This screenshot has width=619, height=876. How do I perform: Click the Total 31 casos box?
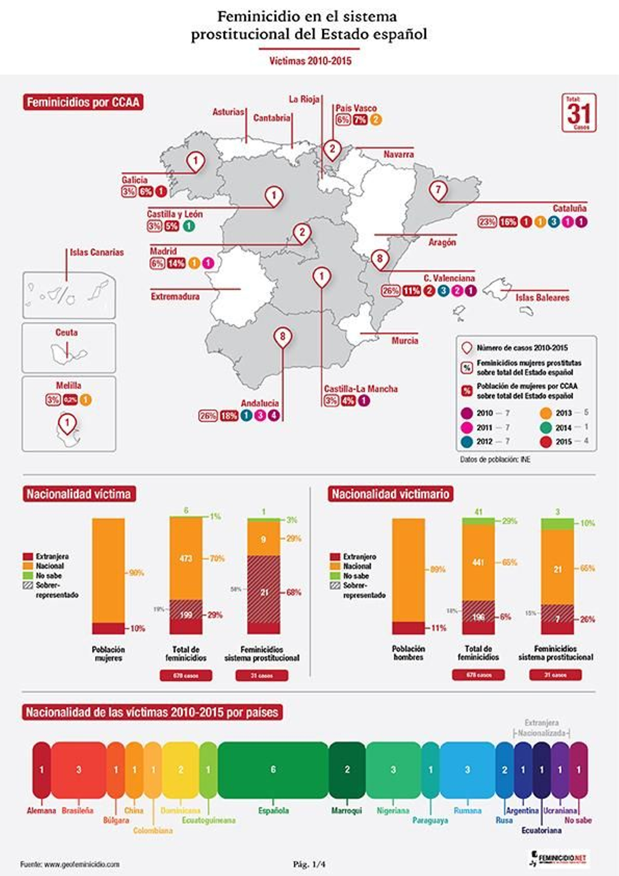578,113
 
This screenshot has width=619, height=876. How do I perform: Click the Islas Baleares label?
542,298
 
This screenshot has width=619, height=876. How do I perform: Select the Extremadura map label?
175,297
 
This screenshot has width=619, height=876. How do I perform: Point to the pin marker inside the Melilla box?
67,423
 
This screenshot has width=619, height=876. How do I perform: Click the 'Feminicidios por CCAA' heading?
83,102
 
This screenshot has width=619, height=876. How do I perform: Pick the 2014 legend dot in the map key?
545,428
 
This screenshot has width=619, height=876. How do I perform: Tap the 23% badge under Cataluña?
487,222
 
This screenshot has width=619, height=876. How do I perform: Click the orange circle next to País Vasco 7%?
375,120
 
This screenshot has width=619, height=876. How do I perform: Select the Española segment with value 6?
273,770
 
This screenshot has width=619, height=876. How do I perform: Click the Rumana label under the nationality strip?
467,810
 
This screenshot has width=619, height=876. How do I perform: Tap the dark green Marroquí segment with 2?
347,770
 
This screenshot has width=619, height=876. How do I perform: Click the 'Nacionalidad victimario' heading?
390,494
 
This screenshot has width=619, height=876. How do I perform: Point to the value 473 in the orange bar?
186,558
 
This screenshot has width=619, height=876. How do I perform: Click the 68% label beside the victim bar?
294,592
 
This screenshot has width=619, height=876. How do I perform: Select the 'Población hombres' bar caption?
408,653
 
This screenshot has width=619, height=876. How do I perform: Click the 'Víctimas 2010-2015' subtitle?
310,61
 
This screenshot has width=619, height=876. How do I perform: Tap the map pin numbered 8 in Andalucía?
282,337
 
